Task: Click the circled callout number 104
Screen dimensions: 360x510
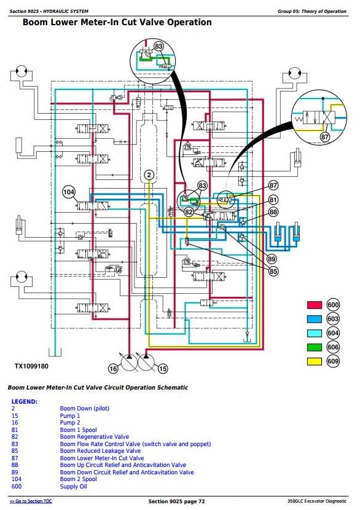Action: click(69, 192)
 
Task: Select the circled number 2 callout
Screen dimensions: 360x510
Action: click(149, 175)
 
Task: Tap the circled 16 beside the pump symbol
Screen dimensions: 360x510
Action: click(113, 369)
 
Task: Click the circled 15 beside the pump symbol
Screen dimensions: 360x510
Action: click(163, 369)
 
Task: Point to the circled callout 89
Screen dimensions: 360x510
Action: click(272, 259)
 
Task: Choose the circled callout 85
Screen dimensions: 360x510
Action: click(273, 271)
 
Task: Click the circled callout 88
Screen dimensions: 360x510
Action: click(273, 212)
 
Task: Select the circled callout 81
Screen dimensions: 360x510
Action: click(273, 199)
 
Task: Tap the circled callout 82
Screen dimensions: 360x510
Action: click(189, 212)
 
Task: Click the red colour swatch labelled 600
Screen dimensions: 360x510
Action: click(314, 305)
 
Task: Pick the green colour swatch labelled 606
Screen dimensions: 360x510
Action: click(314, 347)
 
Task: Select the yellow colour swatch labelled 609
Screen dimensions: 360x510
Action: click(314, 361)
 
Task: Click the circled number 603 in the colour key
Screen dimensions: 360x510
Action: click(333, 319)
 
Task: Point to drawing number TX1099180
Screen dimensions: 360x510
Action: click(31, 366)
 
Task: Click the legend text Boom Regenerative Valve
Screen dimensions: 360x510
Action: click(95, 436)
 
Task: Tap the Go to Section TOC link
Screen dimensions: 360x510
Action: click(31, 501)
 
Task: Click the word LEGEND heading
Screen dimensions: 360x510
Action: click(25, 402)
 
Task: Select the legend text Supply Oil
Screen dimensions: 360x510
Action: click(74, 487)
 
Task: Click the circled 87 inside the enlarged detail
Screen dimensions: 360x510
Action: click(325, 137)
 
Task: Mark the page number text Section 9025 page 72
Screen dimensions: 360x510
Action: click(176, 501)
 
